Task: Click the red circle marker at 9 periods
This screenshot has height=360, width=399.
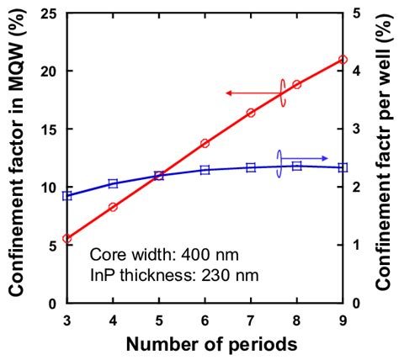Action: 343,60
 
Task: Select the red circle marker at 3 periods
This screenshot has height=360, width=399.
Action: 67,239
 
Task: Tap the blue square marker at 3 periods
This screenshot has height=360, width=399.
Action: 67,196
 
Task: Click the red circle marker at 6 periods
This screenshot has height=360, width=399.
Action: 205,144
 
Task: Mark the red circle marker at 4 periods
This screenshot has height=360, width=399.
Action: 113,207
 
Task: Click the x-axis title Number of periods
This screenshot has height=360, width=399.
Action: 205,344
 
